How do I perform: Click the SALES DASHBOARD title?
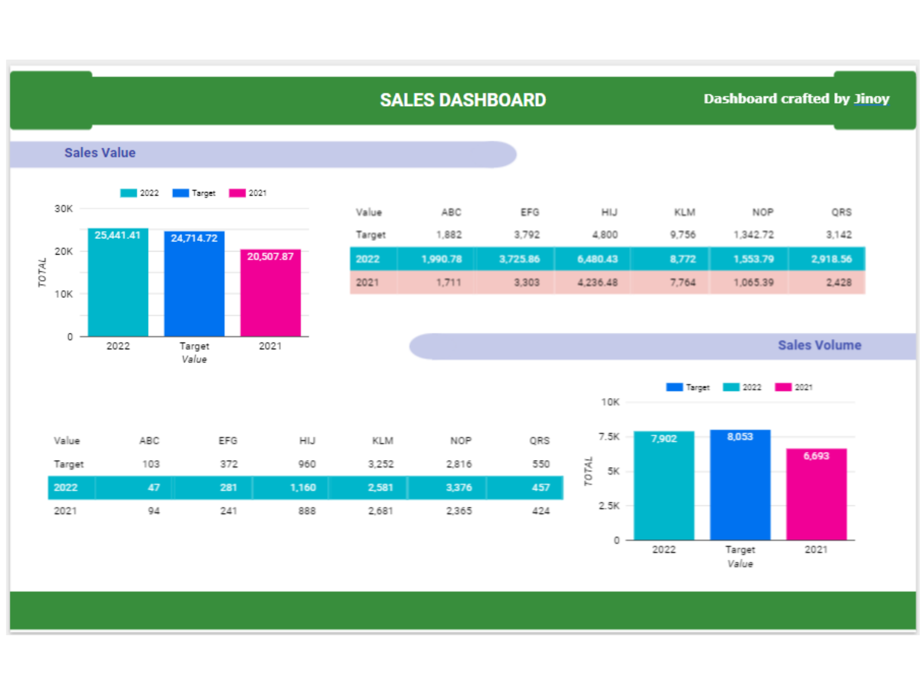point(463,100)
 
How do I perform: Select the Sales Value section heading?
point(100,153)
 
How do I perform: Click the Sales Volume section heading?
point(819,345)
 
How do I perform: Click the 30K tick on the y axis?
point(64,209)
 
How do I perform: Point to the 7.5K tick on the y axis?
point(609,437)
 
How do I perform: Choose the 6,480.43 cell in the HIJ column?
point(597,259)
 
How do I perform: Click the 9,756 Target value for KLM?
point(683,235)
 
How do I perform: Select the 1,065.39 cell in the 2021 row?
point(753,282)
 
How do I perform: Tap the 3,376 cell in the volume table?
point(459,487)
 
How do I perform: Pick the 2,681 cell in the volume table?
point(381,511)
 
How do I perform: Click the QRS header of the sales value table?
point(841,212)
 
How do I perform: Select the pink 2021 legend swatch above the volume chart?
point(783,387)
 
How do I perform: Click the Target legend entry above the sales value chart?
point(203,193)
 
